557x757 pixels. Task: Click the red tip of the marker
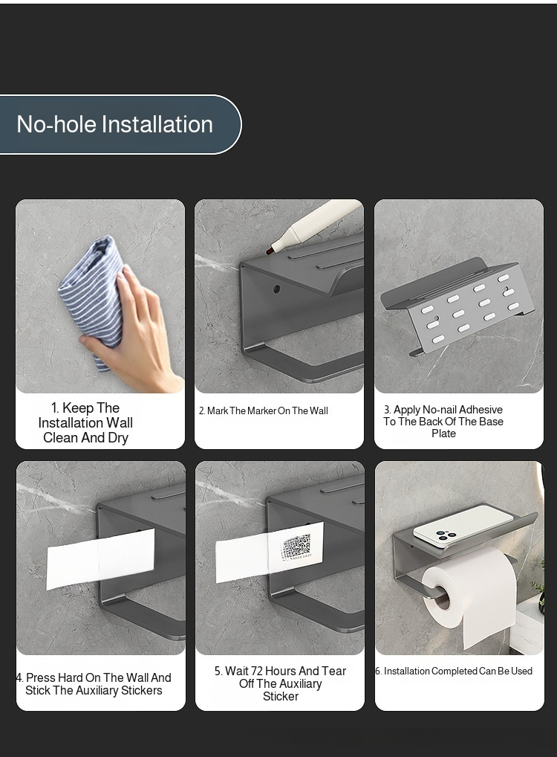coord(270,251)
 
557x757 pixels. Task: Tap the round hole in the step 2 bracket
coord(277,289)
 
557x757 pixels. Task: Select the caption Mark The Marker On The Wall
coord(264,410)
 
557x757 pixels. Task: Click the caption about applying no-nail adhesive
coord(443,422)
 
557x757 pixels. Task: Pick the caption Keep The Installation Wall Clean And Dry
coord(85,423)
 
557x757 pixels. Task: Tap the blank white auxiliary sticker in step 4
coord(101,559)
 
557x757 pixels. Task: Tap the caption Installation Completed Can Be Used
coord(454,671)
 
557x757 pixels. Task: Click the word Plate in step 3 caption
coord(443,434)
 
